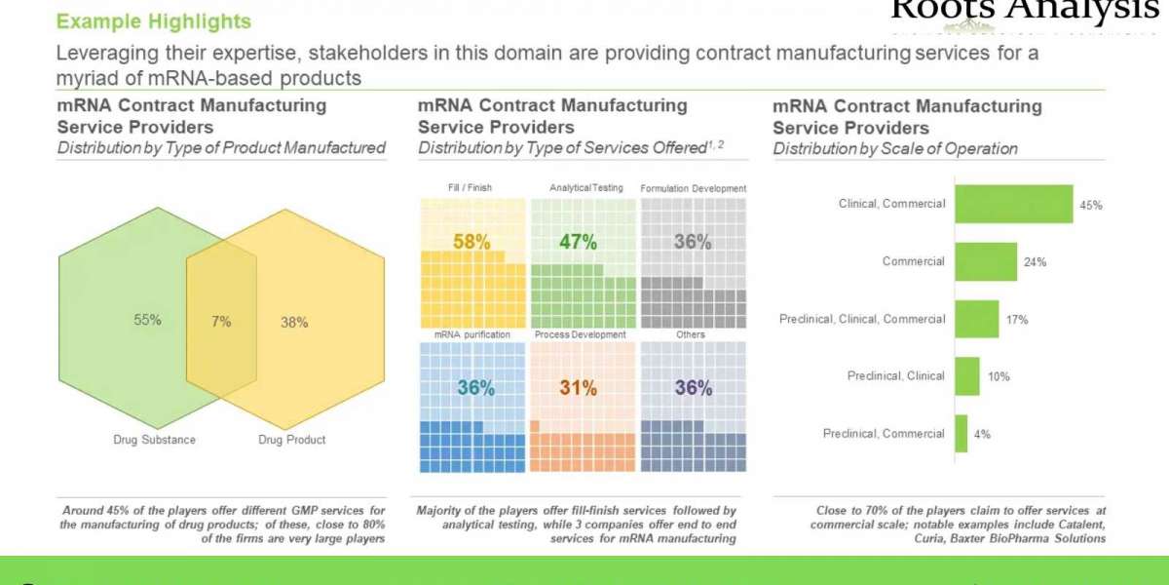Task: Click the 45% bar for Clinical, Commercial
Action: tap(1013, 205)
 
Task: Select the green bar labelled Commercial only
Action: tap(985, 261)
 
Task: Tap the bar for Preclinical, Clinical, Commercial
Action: tap(976, 319)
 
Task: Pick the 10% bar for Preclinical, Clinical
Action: tap(966, 376)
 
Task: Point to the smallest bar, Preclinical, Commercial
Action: tap(961, 434)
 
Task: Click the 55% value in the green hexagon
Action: tap(148, 320)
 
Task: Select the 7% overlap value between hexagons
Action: tap(222, 322)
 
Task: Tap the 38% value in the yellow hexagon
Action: tap(294, 322)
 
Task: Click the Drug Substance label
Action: tap(154, 440)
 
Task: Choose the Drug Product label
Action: tap(292, 440)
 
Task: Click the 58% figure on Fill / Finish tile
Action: tap(471, 242)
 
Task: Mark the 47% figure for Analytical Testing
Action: tap(578, 242)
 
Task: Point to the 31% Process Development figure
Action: tap(578, 388)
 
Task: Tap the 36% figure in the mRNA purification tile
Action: tap(475, 388)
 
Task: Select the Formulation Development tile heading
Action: tap(693, 188)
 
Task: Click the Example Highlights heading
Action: tap(153, 21)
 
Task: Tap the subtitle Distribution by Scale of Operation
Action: tap(895, 149)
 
